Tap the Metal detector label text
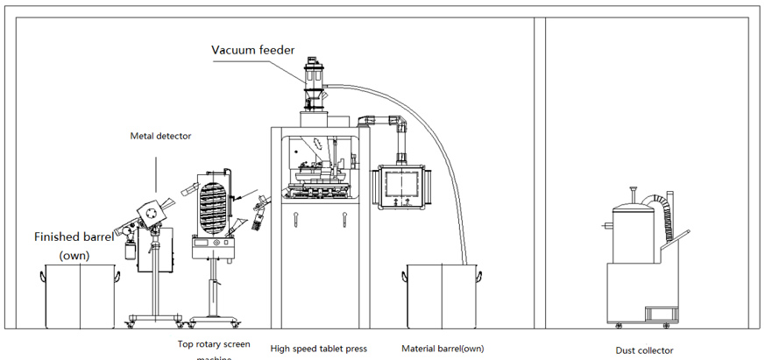click(x=160, y=136)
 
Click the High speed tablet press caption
click(x=319, y=349)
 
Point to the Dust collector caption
click(x=645, y=350)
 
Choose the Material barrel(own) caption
click(x=443, y=349)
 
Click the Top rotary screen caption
click(x=214, y=344)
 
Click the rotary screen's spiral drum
click(x=213, y=205)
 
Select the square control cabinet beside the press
click(x=404, y=187)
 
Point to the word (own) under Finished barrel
click(x=74, y=255)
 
